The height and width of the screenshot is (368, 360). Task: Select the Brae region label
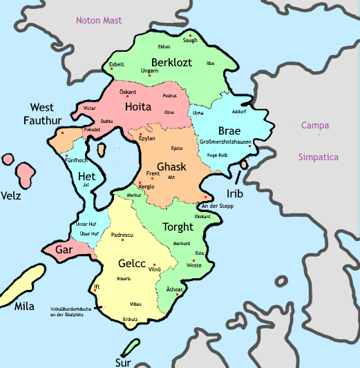pyautogui.click(x=229, y=131)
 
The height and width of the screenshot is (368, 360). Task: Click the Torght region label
pyautogui.click(x=178, y=227)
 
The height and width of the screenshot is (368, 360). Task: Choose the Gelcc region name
pyautogui.click(x=133, y=263)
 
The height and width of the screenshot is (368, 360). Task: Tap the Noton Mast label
pyautogui.click(x=99, y=21)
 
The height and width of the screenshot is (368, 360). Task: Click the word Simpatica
pyautogui.click(x=318, y=157)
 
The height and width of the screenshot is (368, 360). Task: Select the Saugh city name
pyautogui.click(x=190, y=40)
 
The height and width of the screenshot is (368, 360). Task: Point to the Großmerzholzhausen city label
pyautogui.click(x=224, y=142)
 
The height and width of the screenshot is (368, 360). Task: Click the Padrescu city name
pyautogui.click(x=122, y=235)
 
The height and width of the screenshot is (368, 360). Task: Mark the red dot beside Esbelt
pyautogui.click(x=111, y=69)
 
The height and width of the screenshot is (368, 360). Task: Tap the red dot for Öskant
pyautogui.click(x=127, y=96)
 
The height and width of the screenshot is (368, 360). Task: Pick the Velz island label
pyautogui.click(x=10, y=195)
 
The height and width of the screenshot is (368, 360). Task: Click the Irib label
pyautogui.click(x=234, y=193)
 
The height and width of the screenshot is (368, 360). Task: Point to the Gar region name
pyautogui.click(x=64, y=250)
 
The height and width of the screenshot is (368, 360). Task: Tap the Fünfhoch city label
pyautogui.click(x=75, y=159)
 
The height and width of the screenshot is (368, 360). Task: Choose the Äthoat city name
pyautogui.click(x=175, y=289)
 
